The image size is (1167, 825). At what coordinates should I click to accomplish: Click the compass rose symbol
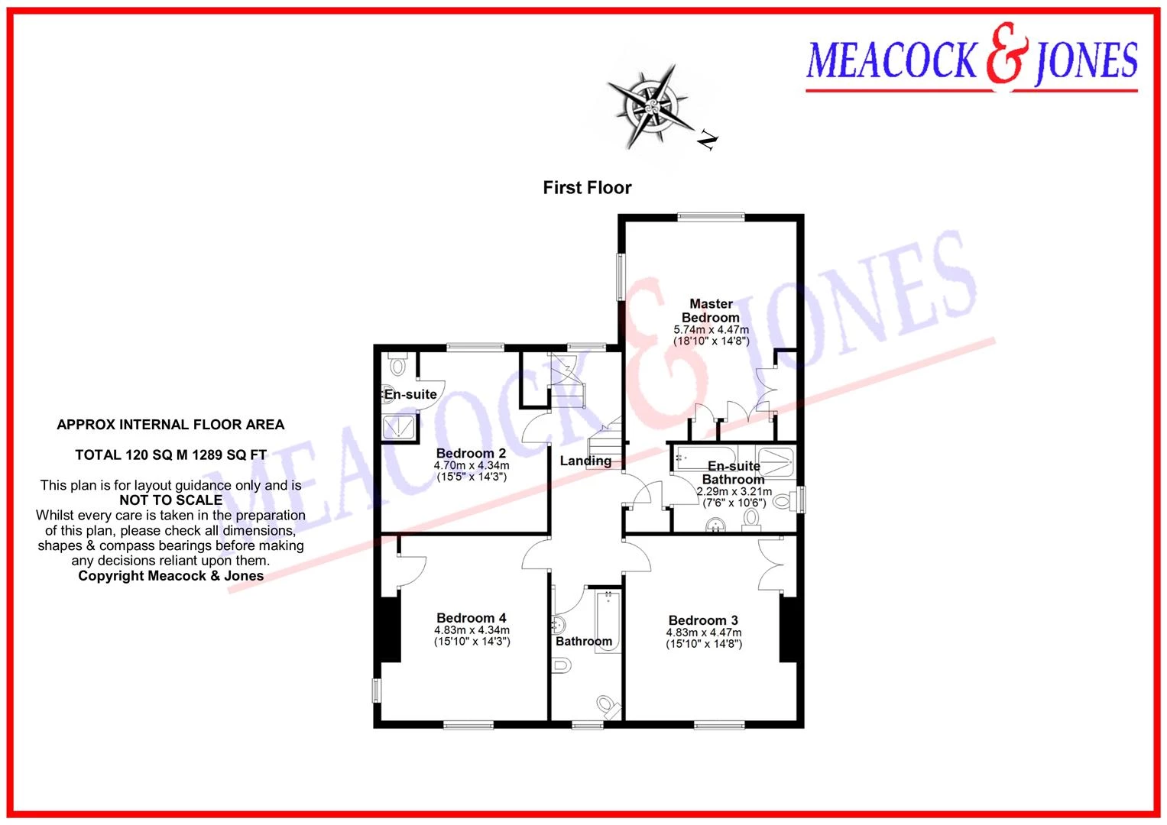coord(651,107)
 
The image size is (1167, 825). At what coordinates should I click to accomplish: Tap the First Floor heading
coord(587,187)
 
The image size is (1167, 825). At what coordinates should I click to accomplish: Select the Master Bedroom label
coord(711,310)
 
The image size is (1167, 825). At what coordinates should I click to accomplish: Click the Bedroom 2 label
coord(471,453)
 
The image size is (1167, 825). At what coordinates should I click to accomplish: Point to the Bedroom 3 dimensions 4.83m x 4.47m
coord(703,632)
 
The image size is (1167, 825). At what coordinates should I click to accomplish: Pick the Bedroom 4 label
coord(471,618)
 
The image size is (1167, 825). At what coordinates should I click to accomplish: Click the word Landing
coord(585,461)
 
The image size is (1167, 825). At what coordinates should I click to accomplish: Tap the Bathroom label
coord(584,641)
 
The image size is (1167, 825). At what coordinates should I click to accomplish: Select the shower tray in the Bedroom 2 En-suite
coord(399,428)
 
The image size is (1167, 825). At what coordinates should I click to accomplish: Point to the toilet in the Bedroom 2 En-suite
coord(397,364)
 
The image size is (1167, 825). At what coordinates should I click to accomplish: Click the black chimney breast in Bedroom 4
coord(391,629)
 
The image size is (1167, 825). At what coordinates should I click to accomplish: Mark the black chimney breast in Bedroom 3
coord(788,629)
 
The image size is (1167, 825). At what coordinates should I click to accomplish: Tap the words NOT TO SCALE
coord(171,500)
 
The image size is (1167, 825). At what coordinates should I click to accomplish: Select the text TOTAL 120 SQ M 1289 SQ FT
coord(171,455)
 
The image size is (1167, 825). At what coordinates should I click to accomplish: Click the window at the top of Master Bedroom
coord(711,217)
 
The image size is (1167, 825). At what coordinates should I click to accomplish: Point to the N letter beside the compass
coord(708,140)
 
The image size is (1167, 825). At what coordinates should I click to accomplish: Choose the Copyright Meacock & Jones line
coord(171,575)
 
